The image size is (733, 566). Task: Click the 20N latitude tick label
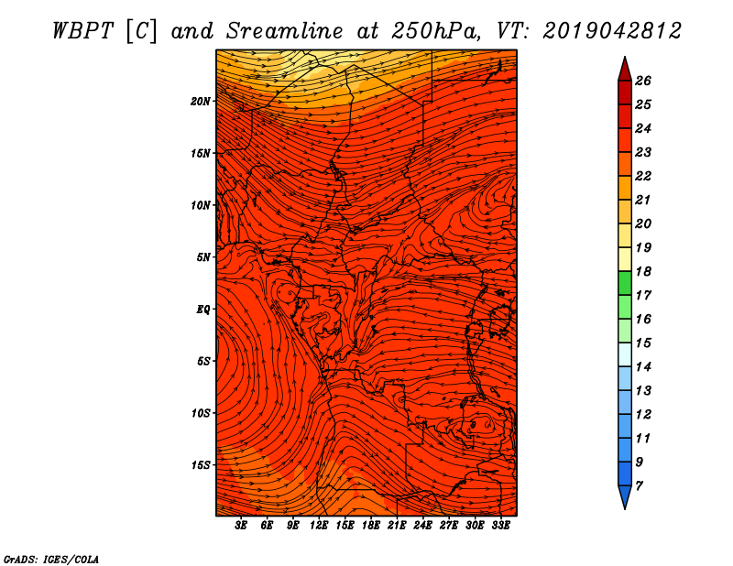click(201, 102)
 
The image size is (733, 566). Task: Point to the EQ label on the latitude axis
click(202, 310)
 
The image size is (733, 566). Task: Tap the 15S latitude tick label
click(201, 465)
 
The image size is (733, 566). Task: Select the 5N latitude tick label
click(203, 257)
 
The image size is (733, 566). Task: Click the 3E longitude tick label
click(241, 526)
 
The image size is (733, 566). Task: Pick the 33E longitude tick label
click(500, 526)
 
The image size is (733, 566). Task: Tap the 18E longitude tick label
click(371, 526)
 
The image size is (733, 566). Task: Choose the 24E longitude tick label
click(422, 526)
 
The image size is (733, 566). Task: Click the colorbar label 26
click(643, 81)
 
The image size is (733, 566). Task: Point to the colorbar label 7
click(640, 485)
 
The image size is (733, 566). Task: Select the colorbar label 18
click(643, 271)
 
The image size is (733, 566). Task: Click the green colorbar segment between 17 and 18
click(625, 283)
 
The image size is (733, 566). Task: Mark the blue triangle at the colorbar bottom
click(625, 496)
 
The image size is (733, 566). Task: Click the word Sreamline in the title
click(285, 31)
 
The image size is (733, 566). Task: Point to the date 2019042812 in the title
click(612, 31)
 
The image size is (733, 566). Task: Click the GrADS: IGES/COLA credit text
click(51, 560)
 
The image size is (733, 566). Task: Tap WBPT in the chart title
click(82, 31)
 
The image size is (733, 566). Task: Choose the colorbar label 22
click(643, 176)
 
